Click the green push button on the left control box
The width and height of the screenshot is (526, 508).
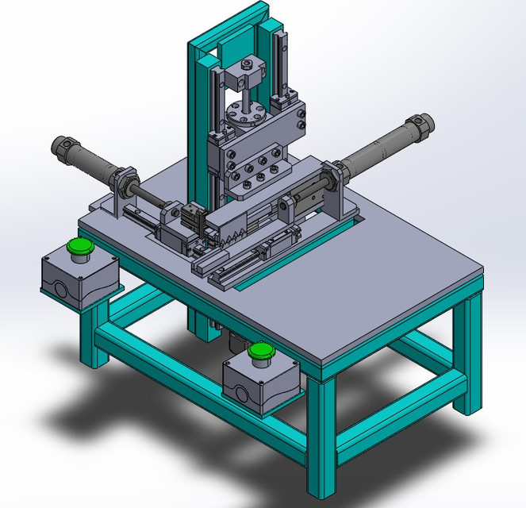(79, 248)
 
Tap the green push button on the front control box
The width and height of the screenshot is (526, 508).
(259, 352)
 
